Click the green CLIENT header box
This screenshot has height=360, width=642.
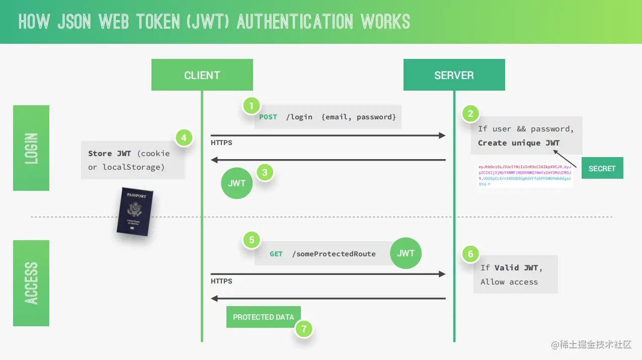202,75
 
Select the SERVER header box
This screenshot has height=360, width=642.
454,75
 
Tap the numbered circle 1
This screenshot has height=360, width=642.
252,106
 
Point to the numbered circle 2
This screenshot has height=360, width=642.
470,113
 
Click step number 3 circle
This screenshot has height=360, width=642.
265,173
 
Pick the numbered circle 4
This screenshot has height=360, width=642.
184,137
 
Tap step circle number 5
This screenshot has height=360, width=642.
252,240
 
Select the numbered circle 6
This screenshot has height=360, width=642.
470,254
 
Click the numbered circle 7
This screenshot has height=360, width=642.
303,329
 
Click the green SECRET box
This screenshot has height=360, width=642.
602,168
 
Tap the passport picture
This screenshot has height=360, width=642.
133,212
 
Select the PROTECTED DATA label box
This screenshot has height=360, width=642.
263,317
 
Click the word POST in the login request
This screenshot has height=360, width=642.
268,117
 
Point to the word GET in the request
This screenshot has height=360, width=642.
276,254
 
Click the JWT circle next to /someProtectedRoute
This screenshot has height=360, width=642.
406,253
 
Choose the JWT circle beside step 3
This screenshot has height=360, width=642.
236,183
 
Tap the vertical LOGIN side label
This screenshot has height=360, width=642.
31,148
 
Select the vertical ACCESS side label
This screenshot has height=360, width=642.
31,283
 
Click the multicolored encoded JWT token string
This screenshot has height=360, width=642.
525,175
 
